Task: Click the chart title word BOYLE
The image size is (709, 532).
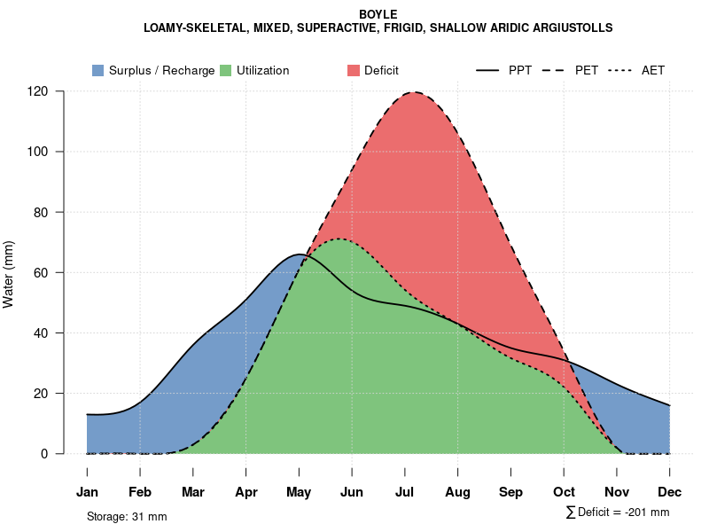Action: pyautogui.click(x=378, y=15)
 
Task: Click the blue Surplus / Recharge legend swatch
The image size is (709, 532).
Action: pyautogui.click(x=97, y=70)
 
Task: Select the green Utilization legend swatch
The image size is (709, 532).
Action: pyautogui.click(x=225, y=70)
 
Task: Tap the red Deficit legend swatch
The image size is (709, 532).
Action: pyautogui.click(x=353, y=70)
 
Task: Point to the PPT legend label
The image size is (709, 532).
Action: pyautogui.click(x=520, y=70)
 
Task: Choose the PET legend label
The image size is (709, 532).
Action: pyautogui.click(x=587, y=70)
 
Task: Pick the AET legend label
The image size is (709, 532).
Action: pyautogui.click(x=653, y=70)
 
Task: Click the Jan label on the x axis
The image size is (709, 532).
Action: pyautogui.click(x=87, y=492)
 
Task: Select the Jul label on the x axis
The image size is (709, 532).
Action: pyautogui.click(x=405, y=492)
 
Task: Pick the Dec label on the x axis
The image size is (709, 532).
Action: pyautogui.click(x=670, y=492)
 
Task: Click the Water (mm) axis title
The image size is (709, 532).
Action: pyautogui.click(x=9, y=274)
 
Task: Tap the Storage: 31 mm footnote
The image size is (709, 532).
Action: pyautogui.click(x=127, y=516)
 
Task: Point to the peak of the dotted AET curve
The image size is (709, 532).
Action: pyautogui.click(x=339, y=239)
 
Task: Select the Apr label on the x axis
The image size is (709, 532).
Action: pyautogui.click(x=245, y=492)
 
